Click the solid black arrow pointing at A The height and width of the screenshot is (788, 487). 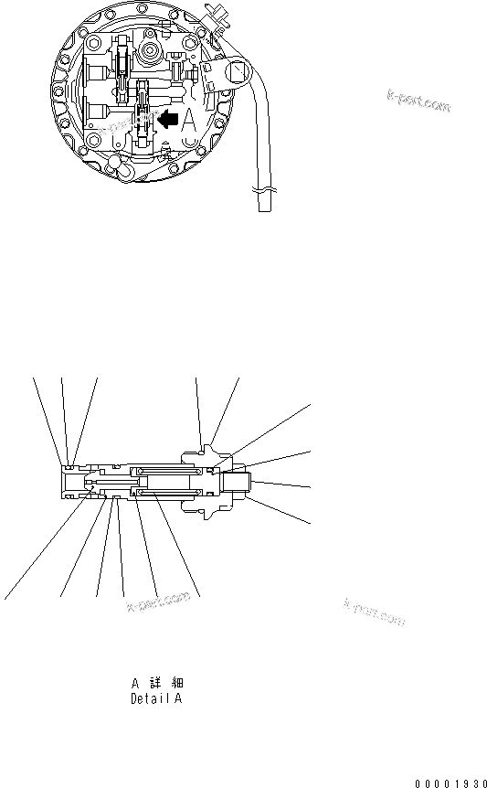[x=167, y=118]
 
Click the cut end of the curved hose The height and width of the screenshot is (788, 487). [x=264, y=209]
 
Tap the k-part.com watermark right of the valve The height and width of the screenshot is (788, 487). [x=375, y=612]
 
